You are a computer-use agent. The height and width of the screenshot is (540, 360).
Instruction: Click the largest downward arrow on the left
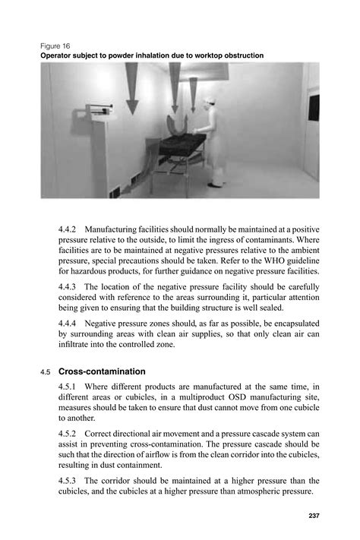point(132,87)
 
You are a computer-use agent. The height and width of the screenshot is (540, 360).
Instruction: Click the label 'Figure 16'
point(55,45)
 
